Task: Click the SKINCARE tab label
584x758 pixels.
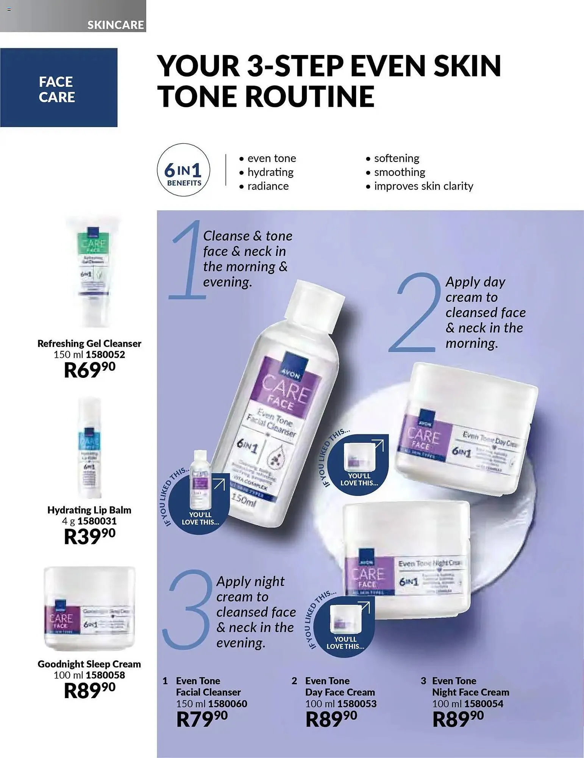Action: pos(115,25)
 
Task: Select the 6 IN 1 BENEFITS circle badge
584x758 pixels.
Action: pos(184,170)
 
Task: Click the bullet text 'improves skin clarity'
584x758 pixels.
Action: pos(423,186)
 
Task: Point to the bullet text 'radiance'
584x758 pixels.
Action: pos(267,186)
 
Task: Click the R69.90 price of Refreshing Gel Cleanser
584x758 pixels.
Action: pos(89,370)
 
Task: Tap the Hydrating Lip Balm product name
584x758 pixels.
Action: pos(89,510)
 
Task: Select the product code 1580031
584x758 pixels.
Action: pos(97,521)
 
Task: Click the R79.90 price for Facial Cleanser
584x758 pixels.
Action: pos(202,719)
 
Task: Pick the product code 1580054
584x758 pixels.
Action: pos(484,704)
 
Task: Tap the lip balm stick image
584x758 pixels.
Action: pos(89,447)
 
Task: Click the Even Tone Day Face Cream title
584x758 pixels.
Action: pos(340,686)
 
